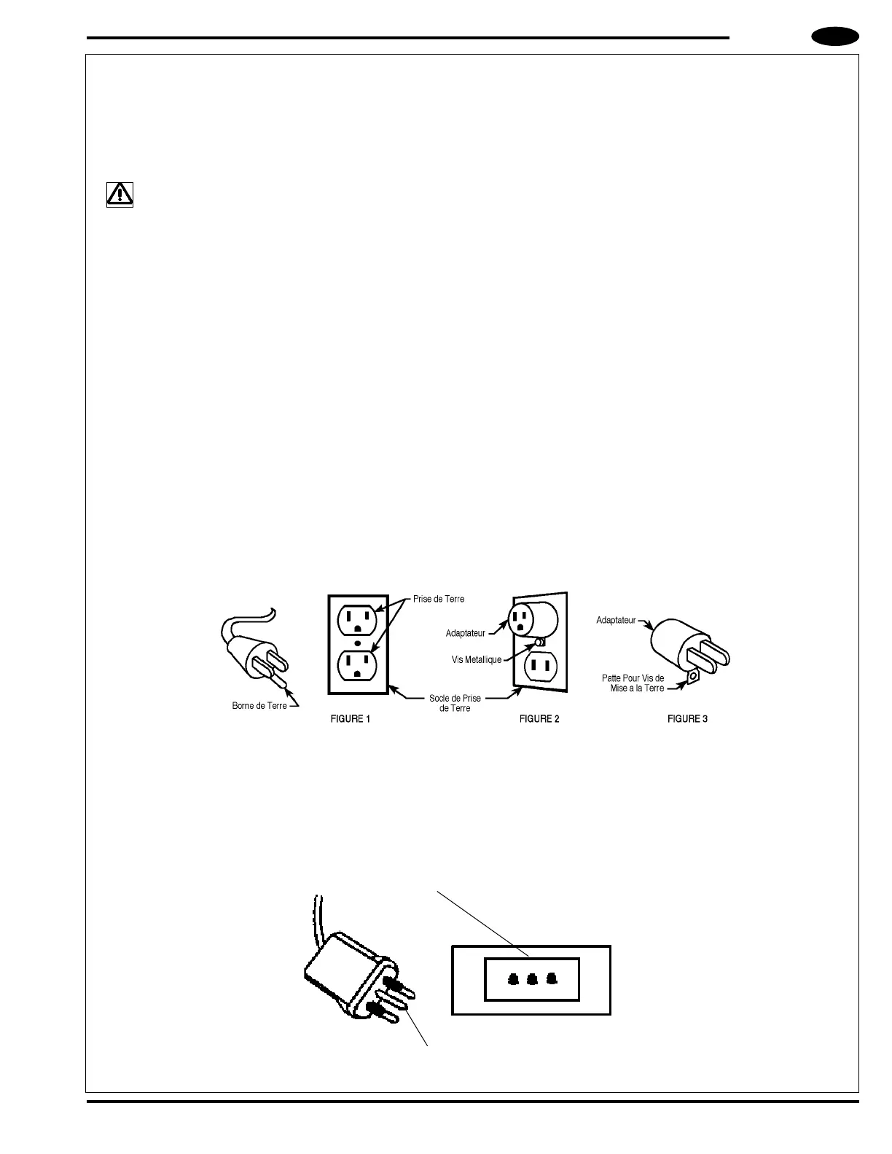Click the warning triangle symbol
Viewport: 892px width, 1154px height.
120,194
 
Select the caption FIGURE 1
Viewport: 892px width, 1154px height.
351,719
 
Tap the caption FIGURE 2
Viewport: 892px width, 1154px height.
539,719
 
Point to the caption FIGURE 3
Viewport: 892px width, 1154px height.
687,719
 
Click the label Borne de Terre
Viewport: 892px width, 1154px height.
259,706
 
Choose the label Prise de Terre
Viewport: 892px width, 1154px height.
439,599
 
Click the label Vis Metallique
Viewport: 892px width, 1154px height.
477,660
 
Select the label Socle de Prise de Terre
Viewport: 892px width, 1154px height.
455,703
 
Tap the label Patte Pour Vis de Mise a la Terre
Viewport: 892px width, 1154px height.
633,683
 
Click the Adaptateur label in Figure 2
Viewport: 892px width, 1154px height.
465,633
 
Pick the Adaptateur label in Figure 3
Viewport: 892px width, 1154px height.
616,621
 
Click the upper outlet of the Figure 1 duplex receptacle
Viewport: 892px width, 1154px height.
356,620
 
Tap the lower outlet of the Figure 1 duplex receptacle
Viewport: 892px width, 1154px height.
356,665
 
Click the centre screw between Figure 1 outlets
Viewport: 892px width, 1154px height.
357,643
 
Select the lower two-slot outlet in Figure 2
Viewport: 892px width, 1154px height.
540,665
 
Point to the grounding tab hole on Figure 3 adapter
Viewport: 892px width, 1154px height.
692,676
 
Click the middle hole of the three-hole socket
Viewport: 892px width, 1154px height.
532,980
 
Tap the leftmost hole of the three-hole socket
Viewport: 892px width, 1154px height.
514,980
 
